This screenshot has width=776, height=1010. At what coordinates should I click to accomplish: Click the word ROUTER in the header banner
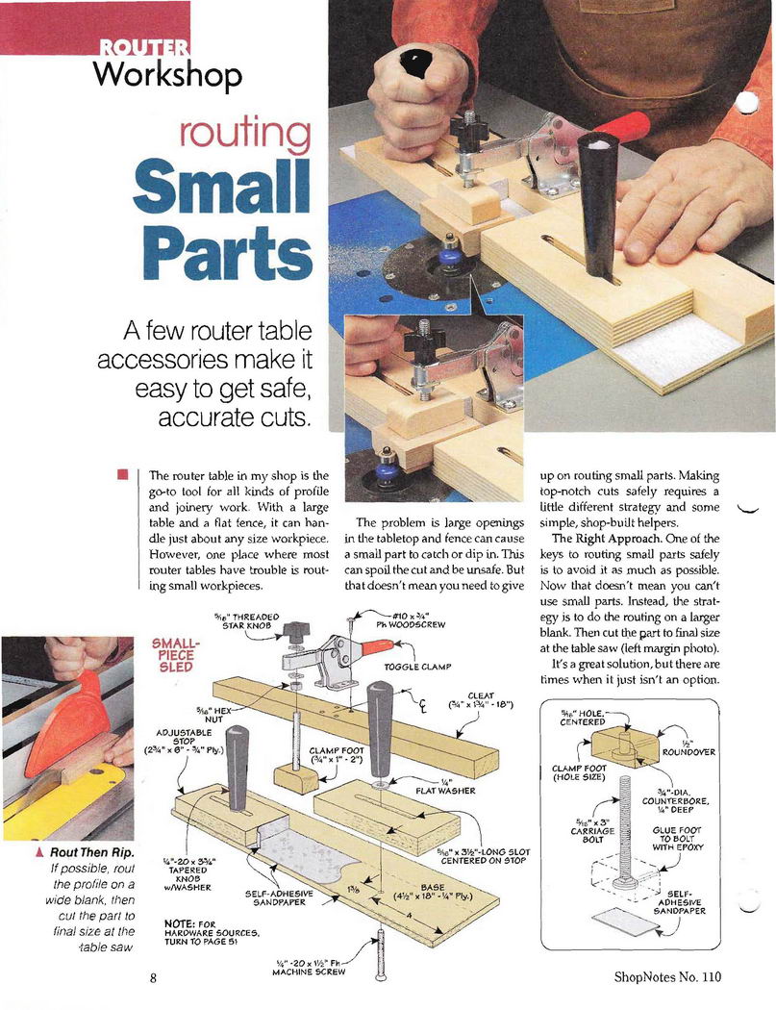click(x=144, y=47)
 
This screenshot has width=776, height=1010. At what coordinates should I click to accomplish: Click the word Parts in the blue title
click(x=224, y=252)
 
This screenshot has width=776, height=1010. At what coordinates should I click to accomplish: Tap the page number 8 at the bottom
click(x=153, y=978)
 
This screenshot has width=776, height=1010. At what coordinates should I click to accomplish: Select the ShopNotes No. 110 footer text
click(x=667, y=976)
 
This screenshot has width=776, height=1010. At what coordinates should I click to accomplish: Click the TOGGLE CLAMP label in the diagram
click(x=418, y=667)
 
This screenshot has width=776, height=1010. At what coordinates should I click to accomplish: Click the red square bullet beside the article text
click(x=122, y=475)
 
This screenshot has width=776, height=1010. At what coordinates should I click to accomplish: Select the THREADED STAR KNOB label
click(x=248, y=621)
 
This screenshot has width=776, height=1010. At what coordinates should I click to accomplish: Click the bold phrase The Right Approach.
click(x=597, y=539)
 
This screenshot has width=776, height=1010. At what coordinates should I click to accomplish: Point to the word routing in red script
click(x=244, y=134)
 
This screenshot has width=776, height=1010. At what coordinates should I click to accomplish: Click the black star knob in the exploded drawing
click(x=298, y=628)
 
